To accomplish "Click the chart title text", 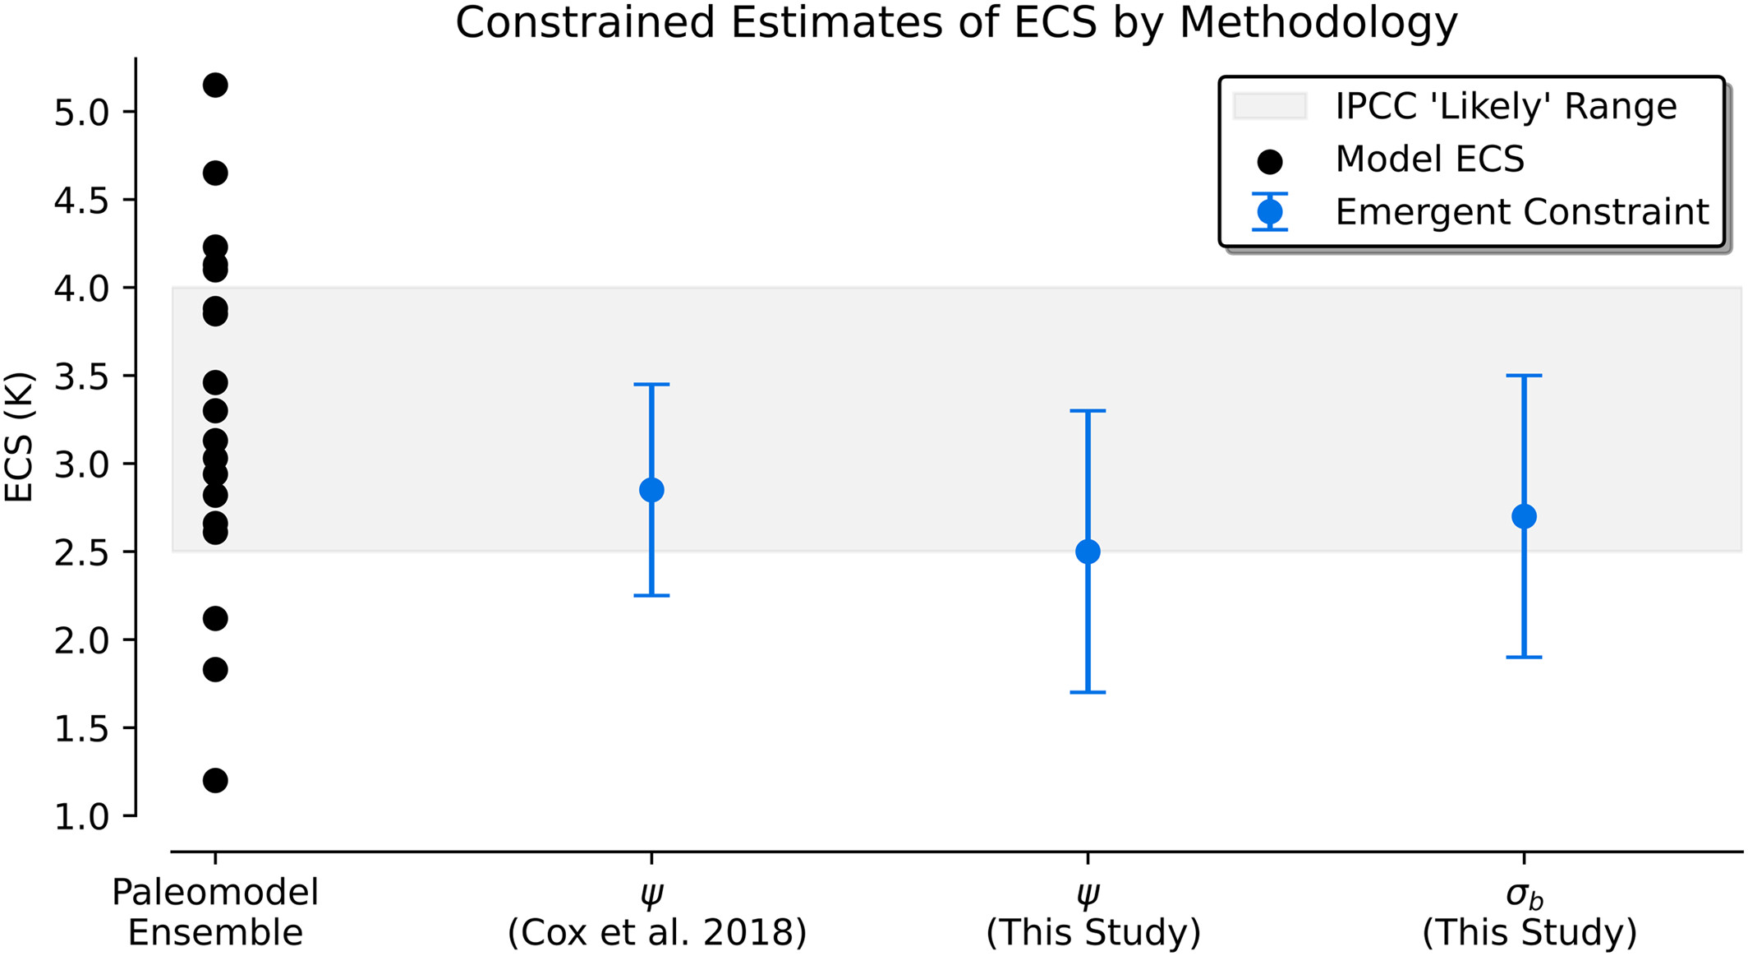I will click(x=956, y=23).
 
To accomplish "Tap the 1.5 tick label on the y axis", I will click(x=80, y=729).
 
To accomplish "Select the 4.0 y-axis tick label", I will click(x=80, y=289).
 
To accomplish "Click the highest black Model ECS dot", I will click(x=215, y=85).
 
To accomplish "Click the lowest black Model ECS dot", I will click(x=215, y=780).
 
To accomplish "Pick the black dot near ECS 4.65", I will click(x=215, y=173).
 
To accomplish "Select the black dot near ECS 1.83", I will click(x=215, y=669).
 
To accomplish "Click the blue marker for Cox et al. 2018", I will click(x=651, y=490).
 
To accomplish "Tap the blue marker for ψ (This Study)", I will click(x=1088, y=552).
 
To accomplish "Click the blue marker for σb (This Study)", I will click(x=1524, y=516).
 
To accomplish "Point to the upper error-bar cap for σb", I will click(x=1524, y=376).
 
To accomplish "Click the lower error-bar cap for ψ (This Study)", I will click(x=1088, y=692).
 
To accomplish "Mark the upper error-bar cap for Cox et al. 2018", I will click(x=651, y=384).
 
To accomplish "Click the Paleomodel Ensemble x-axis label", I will click(x=215, y=912).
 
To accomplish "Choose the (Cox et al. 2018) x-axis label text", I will click(x=657, y=933).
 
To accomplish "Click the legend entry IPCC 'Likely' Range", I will click(x=1505, y=106).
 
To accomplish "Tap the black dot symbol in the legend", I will click(x=1270, y=162).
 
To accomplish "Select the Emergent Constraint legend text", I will click(x=1521, y=212).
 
